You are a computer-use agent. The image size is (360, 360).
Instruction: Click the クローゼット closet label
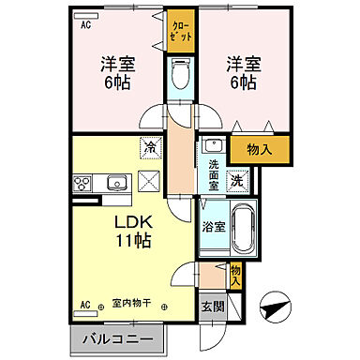coord(180,30)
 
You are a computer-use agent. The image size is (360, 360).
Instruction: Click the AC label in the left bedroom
coord(85,25)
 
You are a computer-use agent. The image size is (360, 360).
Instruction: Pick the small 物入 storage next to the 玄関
coord(235,274)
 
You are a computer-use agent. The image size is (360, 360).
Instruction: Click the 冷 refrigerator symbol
coord(149,146)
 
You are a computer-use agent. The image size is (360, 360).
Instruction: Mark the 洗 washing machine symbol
coord(238,181)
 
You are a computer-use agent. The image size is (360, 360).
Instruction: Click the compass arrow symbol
coord(274,305)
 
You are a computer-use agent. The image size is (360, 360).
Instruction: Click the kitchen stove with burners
coord(81,183)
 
